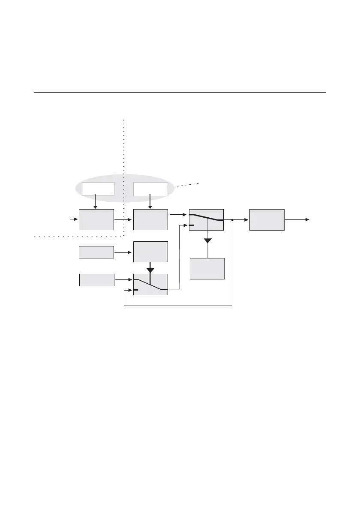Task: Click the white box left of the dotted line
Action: pos(99,189)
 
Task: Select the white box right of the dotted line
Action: pos(150,189)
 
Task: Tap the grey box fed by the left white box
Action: pos(96,220)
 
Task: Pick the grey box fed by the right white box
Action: pos(150,220)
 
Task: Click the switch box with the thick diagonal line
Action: pos(206,220)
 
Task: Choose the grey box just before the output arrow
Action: pos(267,220)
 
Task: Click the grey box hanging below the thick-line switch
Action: pos(207,269)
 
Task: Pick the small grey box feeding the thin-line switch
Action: pos(97,280)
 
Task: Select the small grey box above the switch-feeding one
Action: pos(96,252)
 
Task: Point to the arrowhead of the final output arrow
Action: pos(307,219)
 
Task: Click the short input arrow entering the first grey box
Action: pos(74,219)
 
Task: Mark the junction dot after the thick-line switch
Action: pos(232,220)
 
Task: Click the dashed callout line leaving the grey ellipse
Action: pos(187,185)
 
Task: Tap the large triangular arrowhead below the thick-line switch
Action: pos(208,241)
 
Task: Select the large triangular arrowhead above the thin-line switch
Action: pos(150,270)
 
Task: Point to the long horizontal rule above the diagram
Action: pos(180,92)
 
